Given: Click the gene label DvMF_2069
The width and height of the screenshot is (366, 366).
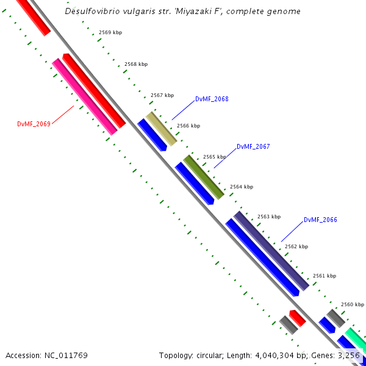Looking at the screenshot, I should pos(34,123).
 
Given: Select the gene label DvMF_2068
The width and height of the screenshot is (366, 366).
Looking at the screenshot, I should pos(212,99).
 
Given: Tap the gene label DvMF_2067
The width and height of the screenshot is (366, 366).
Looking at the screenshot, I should pos(253,146).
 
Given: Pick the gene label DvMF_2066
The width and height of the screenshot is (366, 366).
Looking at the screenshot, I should pos(320,220).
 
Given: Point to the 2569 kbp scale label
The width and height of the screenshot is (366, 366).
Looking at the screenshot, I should pos(110,32).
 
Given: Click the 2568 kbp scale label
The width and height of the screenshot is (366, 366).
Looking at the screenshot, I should pos(136,64).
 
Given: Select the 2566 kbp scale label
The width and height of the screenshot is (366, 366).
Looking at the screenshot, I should pos(188,126).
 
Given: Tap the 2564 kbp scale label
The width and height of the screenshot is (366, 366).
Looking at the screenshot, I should pos(242,187).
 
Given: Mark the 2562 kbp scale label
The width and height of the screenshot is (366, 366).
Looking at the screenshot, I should pos(296,246).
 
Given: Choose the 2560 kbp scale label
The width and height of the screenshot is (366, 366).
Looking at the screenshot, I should pos(352,304).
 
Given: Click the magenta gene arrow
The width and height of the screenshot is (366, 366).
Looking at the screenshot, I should pos(85,96).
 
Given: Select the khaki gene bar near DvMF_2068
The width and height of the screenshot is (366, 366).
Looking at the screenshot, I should pos(161,128).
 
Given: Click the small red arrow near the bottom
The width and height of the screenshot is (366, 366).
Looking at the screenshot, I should pos(297,317).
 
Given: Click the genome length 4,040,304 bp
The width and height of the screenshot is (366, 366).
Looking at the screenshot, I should pos(277,355).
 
